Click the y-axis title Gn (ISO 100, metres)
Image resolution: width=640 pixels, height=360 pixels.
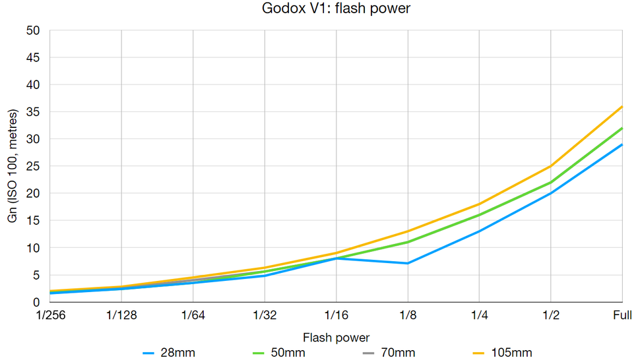pyautogui.click(x=13, y=166)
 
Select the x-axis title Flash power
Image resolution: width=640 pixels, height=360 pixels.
pyautogui.click(x=336, y=338)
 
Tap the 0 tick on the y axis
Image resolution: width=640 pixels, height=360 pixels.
pyautogui.click(x=37, y=303)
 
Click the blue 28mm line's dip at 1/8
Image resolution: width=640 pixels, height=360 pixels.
pyautogui.click(x=408, y=263)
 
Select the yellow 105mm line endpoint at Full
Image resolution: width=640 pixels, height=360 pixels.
pyautogui.click(x=622, y=107)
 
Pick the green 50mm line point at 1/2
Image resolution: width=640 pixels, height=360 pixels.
pyautogui.click(x=551, y=183)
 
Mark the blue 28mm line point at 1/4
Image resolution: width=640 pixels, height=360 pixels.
pyautogui.click(x=480, y=231)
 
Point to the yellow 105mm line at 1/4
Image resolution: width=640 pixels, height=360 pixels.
pyautogui.click(x=480, y=204)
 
